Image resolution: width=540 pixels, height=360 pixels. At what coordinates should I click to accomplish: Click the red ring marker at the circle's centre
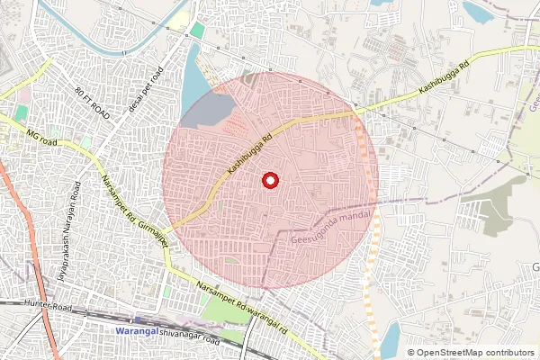[x=269, y=181]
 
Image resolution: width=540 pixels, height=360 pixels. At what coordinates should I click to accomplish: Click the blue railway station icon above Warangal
[x=136, y=319]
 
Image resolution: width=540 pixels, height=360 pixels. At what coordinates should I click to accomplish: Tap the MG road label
[x=41, y=139]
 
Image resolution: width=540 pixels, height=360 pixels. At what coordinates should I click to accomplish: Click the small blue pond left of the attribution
[x=390, y=340]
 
